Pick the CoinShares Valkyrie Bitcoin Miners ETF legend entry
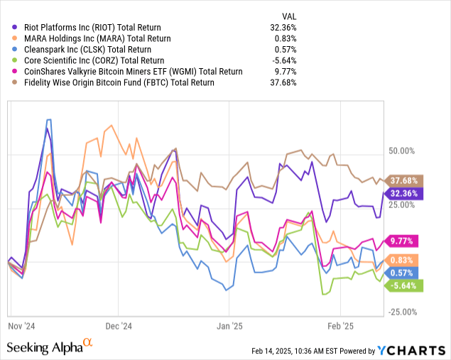tap(130, 72)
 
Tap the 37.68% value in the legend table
tap(283, 82)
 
